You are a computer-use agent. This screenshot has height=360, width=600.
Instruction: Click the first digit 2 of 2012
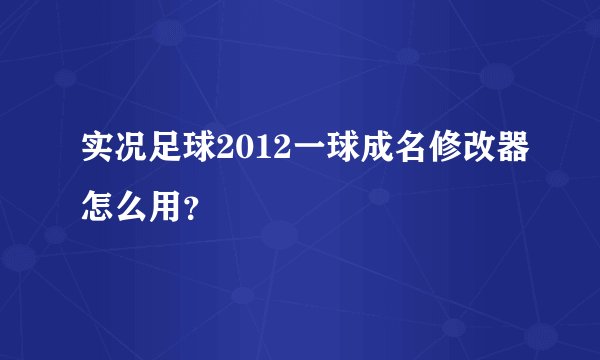(x=218, y=150)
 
